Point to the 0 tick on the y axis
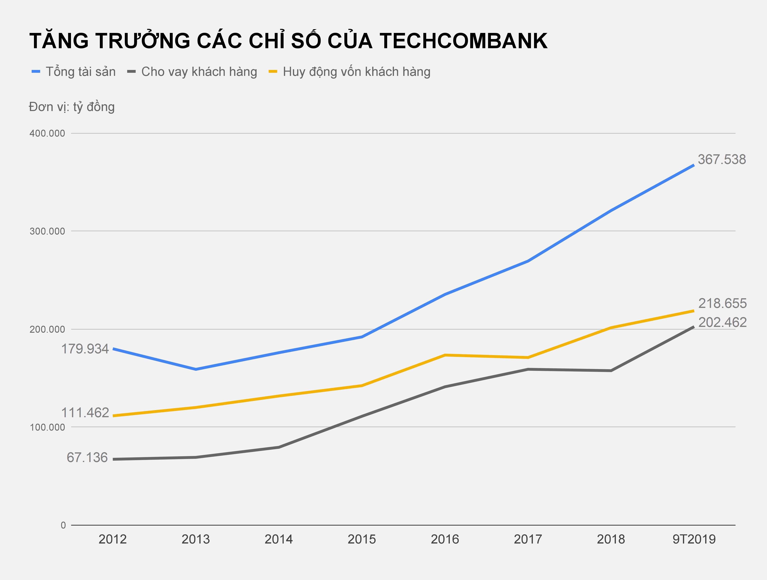[63, 525]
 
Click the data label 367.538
[721, 160]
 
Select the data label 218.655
[722, 303]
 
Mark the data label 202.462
[722, 322]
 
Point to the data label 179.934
[85, 349]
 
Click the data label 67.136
[87, 458]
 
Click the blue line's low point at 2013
[196, 369]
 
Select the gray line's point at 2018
[611, 371]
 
